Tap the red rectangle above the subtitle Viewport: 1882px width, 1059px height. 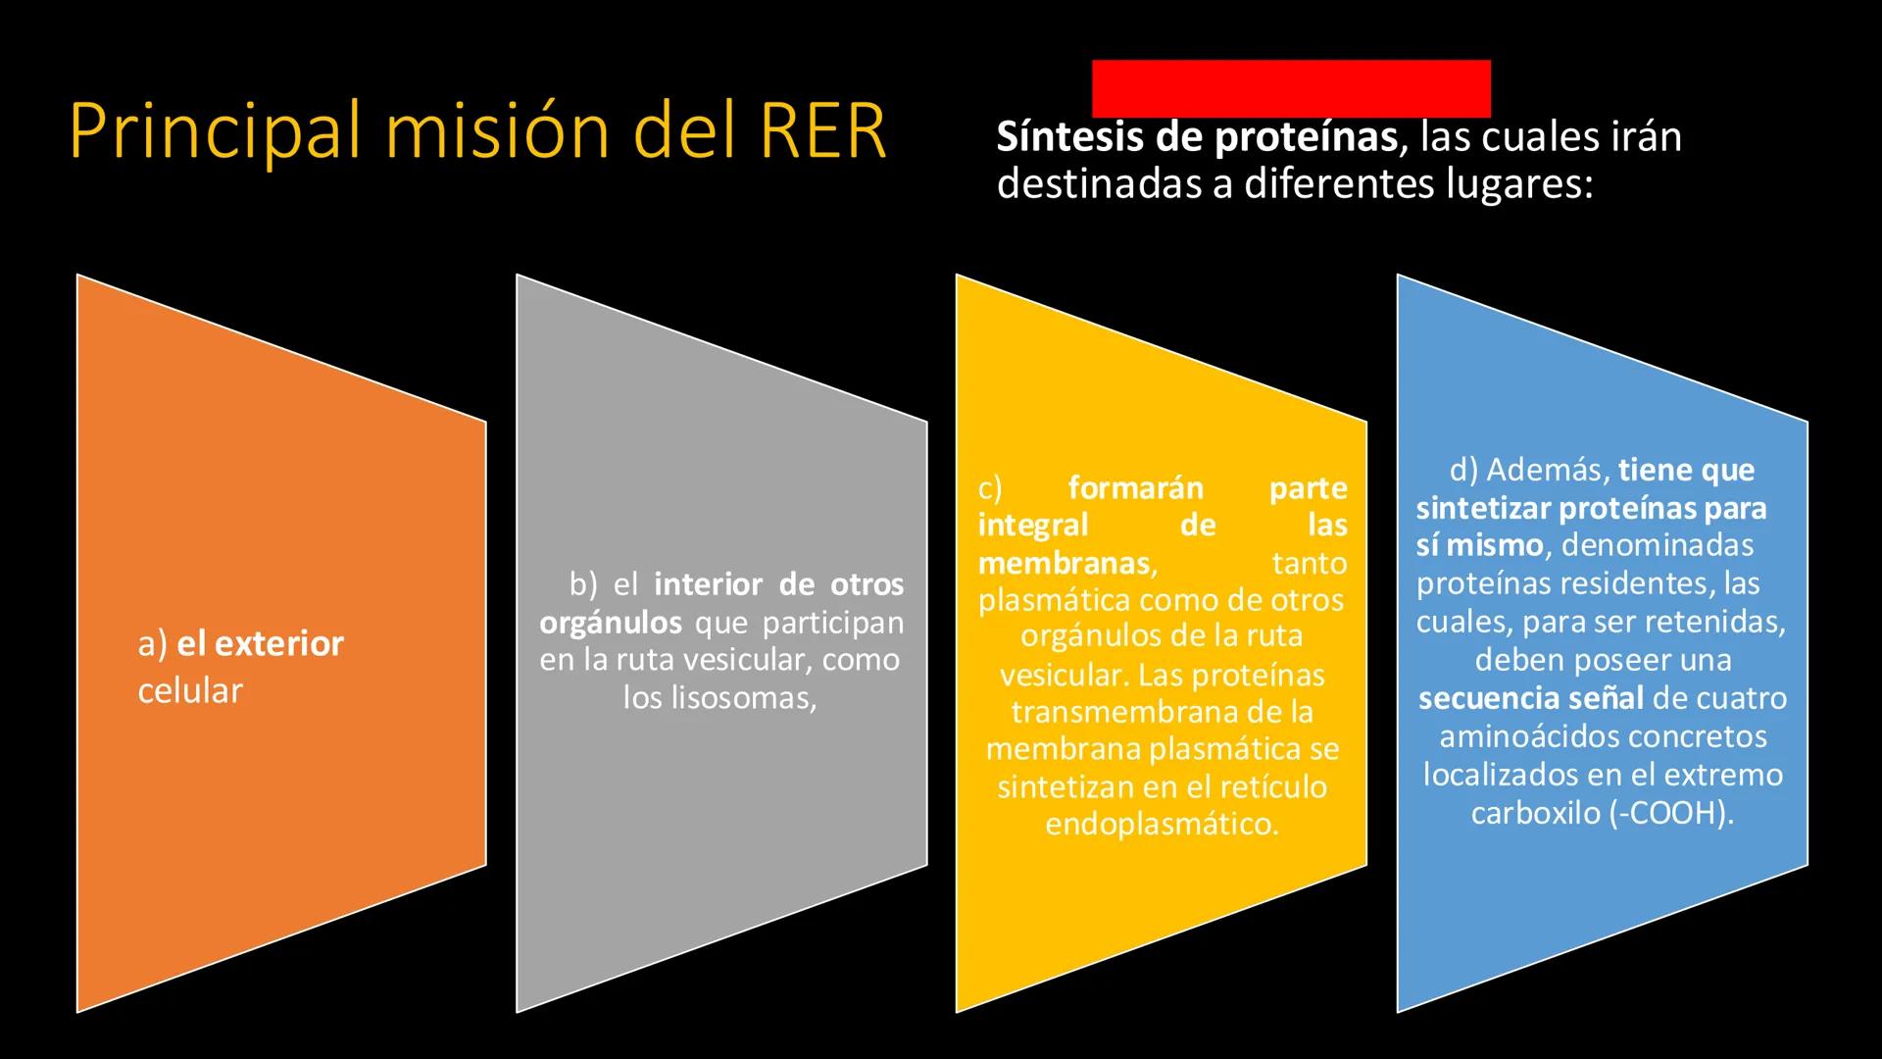click(1291, 88)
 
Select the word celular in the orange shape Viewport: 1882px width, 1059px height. click(190, 691)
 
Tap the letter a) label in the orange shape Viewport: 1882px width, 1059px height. click(153, 644)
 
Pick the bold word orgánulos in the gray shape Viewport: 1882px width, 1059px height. click(610, 623)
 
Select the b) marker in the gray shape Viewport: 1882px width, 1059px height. click(582, 585)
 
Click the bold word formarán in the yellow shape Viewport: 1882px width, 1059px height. click(1135, 487)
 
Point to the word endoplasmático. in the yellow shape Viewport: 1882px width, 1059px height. click(1162, 824)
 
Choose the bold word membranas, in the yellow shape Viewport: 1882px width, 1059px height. click(1067, 563)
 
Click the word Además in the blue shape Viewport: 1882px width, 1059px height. click(1549, 471)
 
